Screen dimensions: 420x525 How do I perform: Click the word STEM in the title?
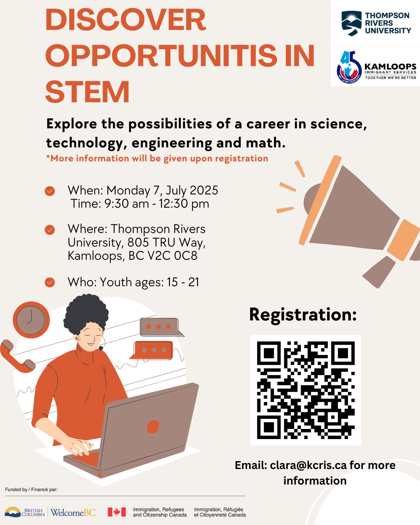pos(87,92)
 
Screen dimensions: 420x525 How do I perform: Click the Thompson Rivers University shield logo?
pos(352,23)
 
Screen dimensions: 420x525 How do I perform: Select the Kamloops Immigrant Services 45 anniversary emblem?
pos(349,67)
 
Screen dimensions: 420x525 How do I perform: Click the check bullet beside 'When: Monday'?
pos(50,191)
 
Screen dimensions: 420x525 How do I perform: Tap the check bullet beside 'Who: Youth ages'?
pos(50,282)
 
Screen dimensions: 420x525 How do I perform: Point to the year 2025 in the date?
pos(204,190)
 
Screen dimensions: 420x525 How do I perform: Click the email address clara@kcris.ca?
pos(308,465)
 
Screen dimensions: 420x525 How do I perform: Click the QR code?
pos(306,390)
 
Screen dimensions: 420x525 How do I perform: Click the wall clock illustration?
pos(31,320)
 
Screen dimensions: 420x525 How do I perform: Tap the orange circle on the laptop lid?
pos(153,427)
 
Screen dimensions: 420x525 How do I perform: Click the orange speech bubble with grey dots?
pos(151,350)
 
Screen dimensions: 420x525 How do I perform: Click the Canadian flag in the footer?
pos(117,512)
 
